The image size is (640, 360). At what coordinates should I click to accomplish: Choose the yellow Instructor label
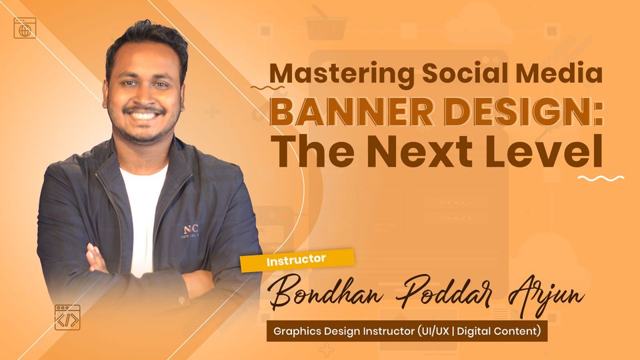[x=296, y=259]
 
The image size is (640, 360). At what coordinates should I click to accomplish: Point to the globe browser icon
[x=25, y=28]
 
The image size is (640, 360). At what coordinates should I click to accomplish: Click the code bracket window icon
[x=67, y=318]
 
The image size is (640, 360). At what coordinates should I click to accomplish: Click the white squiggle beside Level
[x=600, y=178]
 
